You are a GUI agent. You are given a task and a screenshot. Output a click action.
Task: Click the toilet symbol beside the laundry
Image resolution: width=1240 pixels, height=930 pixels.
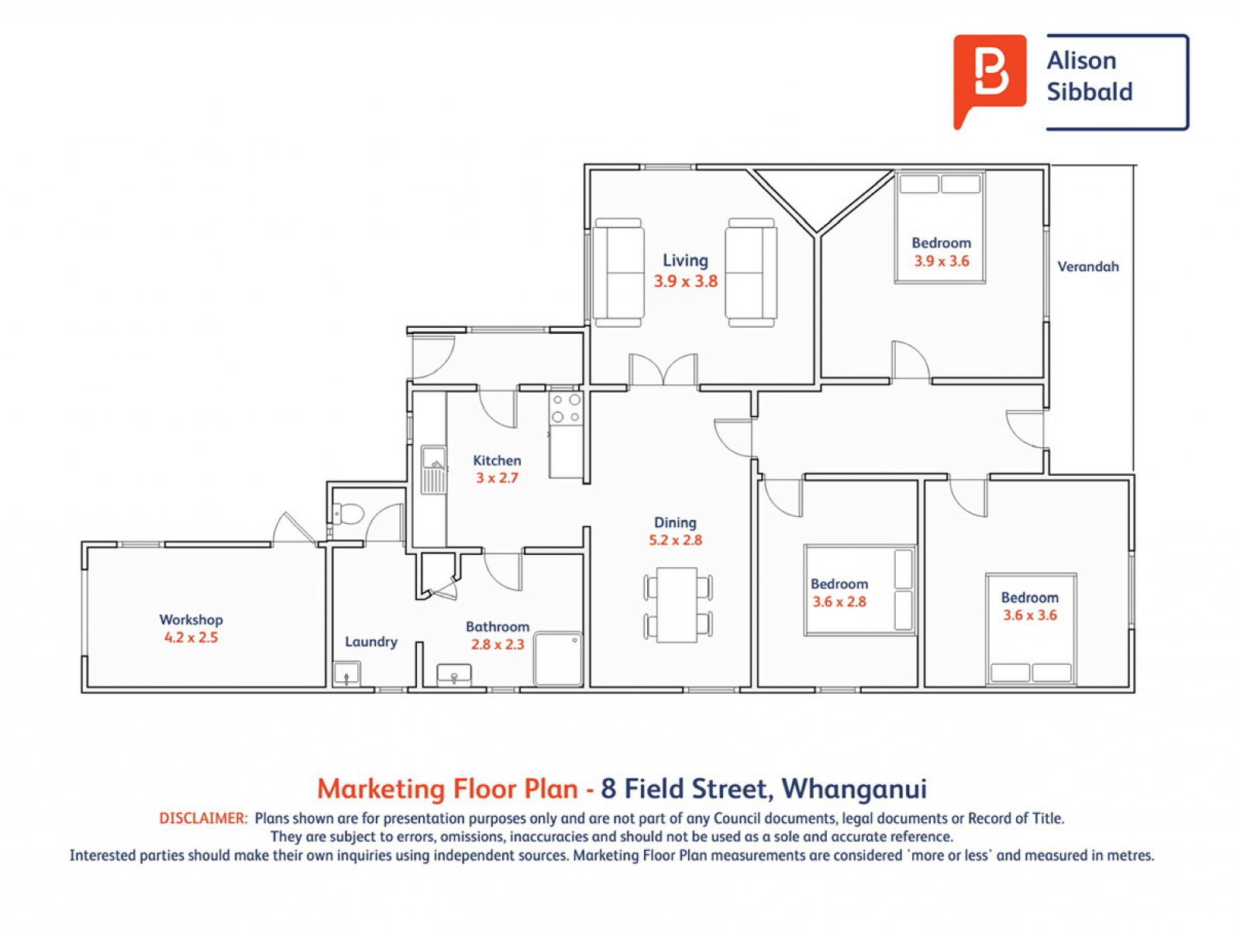[x=347, y=513]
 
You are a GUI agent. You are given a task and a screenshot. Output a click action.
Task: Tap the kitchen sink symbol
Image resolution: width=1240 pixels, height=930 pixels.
[x=434, y=470]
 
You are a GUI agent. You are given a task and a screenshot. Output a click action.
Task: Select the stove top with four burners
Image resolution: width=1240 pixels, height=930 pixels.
[x=566, y=408]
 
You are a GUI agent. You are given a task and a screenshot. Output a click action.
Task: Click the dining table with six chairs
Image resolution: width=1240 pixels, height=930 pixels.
[x=677, y=604]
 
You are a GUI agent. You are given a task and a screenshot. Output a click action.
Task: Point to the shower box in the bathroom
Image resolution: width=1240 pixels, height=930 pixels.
[x=558, y=659]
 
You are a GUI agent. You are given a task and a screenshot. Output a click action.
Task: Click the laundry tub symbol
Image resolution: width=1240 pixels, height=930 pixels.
[x=346, y=674]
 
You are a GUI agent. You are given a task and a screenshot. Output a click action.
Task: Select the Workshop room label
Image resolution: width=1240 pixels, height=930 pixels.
[x=191, y=620]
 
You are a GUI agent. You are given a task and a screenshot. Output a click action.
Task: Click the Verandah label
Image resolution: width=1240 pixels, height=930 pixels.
[x=1088, y=267]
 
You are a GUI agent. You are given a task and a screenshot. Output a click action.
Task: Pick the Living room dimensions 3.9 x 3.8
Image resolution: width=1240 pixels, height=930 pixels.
[x=685, y=281]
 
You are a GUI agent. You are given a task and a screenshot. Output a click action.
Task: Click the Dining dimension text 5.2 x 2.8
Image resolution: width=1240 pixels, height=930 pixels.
[x=675, y=540]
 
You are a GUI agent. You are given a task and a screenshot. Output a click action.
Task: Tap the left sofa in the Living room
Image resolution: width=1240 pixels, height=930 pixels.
[x=618, y=272]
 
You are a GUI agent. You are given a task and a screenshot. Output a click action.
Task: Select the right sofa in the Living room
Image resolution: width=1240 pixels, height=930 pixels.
[x=750, y=272]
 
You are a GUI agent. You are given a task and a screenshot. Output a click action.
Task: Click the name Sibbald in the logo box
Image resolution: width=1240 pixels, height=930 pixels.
[x=1089, y=91]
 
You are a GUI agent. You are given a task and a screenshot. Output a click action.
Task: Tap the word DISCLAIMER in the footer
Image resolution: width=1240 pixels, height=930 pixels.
[x=203, y=818]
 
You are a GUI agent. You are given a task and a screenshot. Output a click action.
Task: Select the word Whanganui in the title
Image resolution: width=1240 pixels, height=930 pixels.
[x=853, y=789]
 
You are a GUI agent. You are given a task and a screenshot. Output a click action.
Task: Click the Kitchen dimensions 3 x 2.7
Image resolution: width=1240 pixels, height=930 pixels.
[x=497, y=478]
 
